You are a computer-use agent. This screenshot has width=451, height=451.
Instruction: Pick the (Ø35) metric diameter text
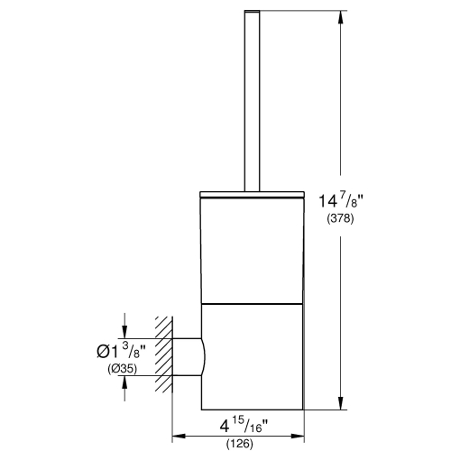pos(88,368)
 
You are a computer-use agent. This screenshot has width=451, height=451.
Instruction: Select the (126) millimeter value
pos(240,443)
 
